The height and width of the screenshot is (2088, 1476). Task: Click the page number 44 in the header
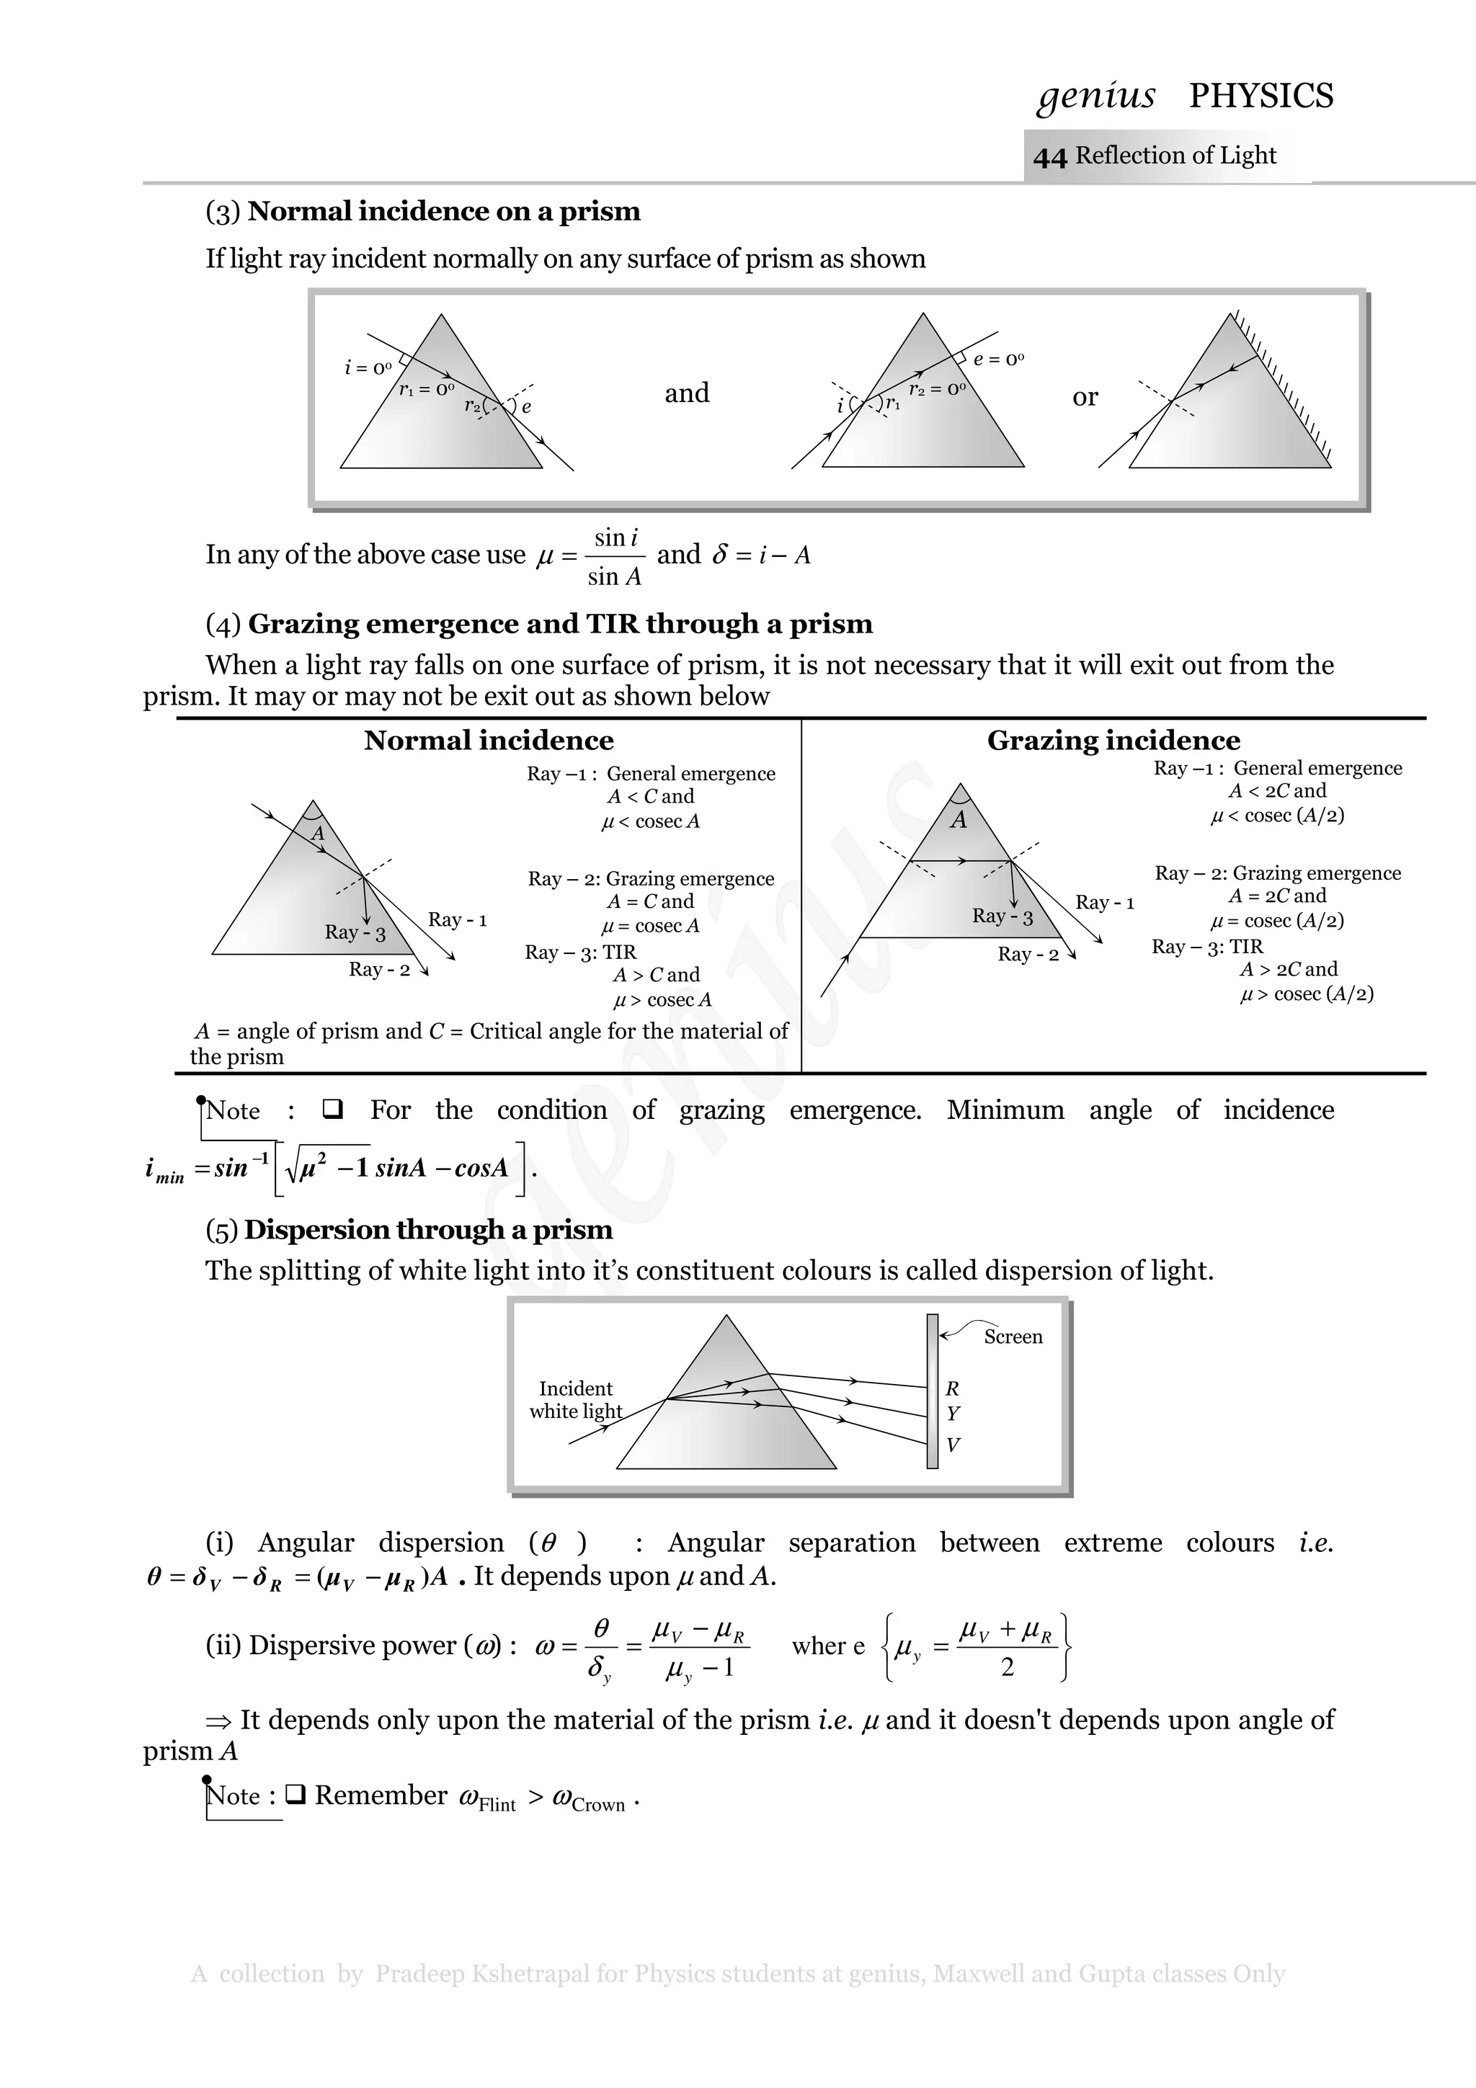pyautogui.click(x=1049, y=157)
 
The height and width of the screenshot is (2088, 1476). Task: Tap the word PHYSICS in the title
pyautogui.click(x=1261, y=96)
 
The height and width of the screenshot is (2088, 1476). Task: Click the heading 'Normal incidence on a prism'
pyautogui.click(x=444, y=211)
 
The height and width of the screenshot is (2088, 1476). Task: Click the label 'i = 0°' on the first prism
pyautogui.click(x=368, y=367)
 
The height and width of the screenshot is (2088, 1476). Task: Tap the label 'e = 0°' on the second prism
pyautogui.click(x=999, y=360)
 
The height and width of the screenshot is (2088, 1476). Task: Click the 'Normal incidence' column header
pyautogui.click(x=489, y=740)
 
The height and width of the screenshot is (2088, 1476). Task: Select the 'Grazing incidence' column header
pyautogui.click(x=1113, y=740)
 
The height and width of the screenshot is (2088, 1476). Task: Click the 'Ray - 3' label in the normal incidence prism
pyautogui.click(x=355, y=932)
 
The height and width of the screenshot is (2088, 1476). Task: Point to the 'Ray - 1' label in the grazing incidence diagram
pyautogui.click(x=1105, y=902)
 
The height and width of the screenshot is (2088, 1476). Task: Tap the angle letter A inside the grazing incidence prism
pyautogui.click(x=959, y=820)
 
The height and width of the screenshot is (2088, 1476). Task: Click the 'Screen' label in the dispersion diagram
pyautogui.click(x=1013, y=1337)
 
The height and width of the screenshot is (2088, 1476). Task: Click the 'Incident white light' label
pyautogui.click(x=576, y=1400)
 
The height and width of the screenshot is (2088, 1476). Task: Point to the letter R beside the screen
pyautogui.click(x=952, y=1388)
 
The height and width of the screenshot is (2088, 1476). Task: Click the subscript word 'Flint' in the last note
pyautogui.click(x=497, y=1805)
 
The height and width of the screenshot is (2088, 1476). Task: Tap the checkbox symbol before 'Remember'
pyautogui.click(x=295, y=1795)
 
